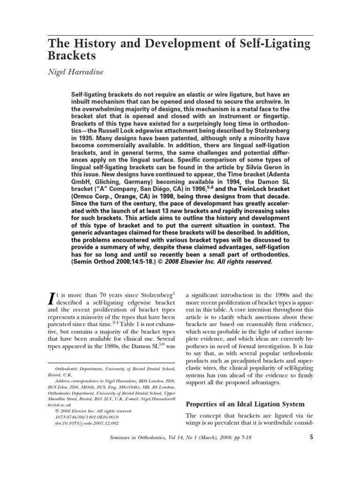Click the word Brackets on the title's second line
(72, 57)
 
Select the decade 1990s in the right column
(287, 295)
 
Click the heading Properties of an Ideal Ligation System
(245, 404)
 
